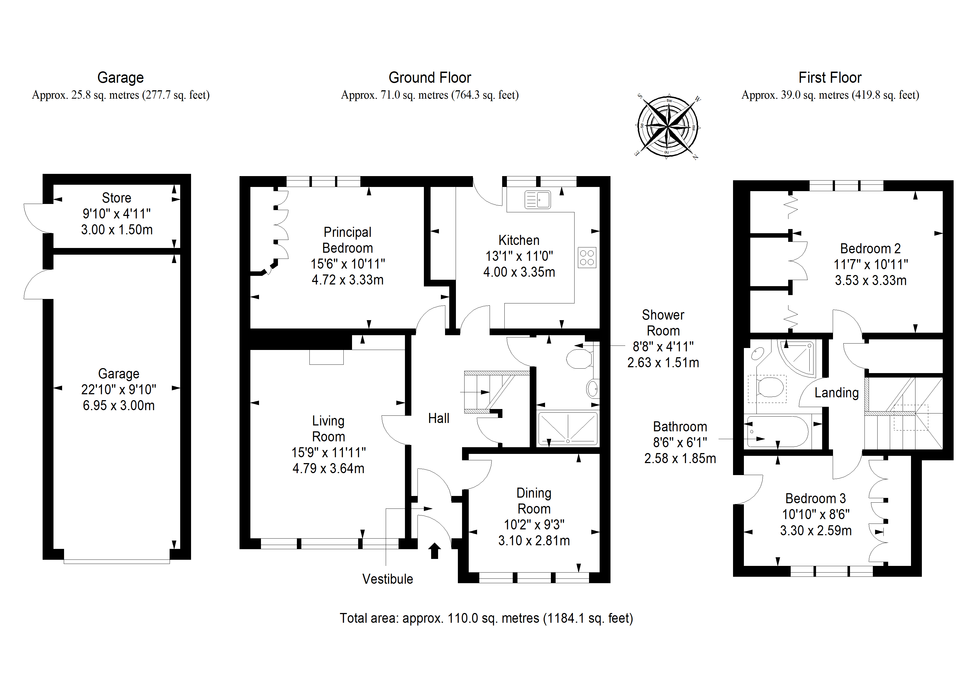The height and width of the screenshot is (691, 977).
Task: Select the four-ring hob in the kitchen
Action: [x=587, y=257]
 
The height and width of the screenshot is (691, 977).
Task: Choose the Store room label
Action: [x=117, y=198]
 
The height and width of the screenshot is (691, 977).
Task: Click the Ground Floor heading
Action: [x=430, y=77]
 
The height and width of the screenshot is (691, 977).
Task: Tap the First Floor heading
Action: [x=830, y=77]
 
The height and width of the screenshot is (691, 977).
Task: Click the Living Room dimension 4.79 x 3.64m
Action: [x=329, y=468]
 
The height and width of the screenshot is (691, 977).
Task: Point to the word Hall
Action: [x=439, y=419]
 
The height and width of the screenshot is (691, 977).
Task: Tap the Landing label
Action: [x=837, y=393]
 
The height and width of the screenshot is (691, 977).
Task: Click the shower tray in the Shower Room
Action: [x=568, y=429]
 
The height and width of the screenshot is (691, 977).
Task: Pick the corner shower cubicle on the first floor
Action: [x=797, y=358]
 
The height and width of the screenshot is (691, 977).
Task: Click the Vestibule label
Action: [x=388, y=579]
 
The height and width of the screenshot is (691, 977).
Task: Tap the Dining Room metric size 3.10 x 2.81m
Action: [x=534, y=541]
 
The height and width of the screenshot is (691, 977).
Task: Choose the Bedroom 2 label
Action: [x=870, y=249]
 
